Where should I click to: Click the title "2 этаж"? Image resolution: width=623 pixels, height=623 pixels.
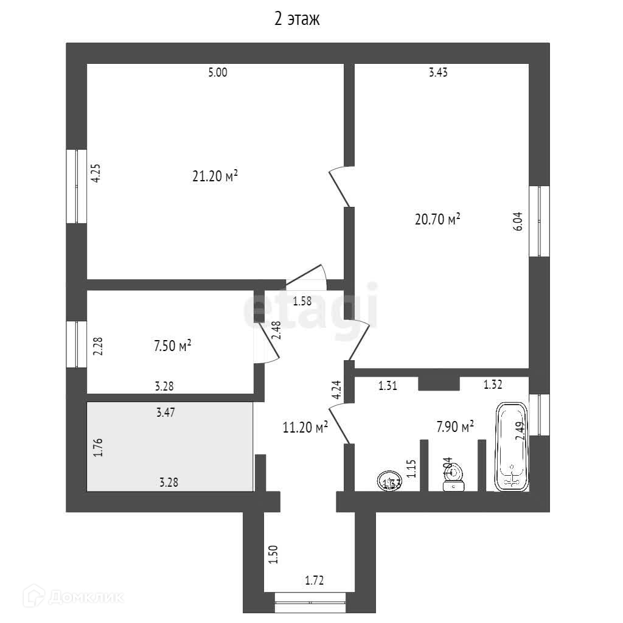297,19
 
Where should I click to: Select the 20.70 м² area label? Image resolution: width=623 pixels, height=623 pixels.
437,219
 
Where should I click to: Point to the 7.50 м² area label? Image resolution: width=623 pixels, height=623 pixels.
173,346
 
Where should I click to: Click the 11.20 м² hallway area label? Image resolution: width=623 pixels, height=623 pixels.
305,427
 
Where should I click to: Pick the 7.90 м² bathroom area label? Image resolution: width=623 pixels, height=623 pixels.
455,427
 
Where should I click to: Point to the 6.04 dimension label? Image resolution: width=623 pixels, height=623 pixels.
518,221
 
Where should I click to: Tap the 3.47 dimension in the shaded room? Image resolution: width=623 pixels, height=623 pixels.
165,412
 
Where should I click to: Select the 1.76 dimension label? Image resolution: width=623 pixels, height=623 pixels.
97,447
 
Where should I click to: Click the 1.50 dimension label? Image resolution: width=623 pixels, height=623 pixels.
273,554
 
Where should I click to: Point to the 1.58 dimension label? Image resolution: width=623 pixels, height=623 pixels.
302,300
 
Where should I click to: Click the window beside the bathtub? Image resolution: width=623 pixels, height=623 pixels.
539,415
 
